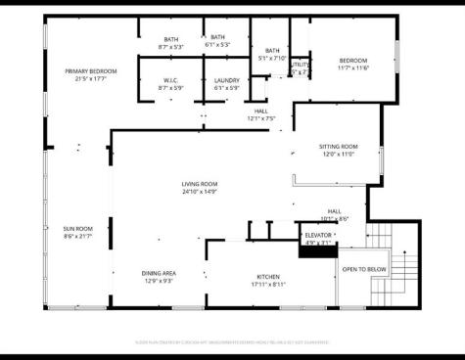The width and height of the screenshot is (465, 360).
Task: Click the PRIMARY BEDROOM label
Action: (90, 71)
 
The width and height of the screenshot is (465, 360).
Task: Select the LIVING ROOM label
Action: (199, 184)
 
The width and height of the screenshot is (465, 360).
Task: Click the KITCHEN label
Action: (269, 276)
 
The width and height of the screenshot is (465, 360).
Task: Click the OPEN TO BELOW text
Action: (364, 269)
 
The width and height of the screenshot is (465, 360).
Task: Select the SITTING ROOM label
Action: (338, 147)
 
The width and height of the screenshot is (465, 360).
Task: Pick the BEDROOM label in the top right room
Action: (352, 60)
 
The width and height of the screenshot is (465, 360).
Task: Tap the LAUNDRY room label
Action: (227, 80)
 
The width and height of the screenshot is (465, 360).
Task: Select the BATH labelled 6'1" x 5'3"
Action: (216, 38)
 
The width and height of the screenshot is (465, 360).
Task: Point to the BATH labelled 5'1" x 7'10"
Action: (271, 51)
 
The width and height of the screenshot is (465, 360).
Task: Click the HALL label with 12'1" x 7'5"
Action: (261, 112)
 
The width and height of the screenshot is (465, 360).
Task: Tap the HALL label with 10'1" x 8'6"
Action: (335, 212)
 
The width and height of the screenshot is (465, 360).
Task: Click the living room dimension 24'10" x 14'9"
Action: (199, 192)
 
